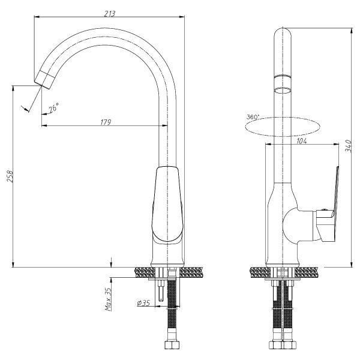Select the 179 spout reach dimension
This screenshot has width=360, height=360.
click(106, 122)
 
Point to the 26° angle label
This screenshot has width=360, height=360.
click(53, 107)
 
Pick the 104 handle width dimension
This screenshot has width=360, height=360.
click(302, 142)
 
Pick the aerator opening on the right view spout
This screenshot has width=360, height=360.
click(283, 89)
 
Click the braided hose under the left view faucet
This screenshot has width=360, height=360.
click(171, 318)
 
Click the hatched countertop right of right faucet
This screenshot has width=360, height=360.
click(316, 272)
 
